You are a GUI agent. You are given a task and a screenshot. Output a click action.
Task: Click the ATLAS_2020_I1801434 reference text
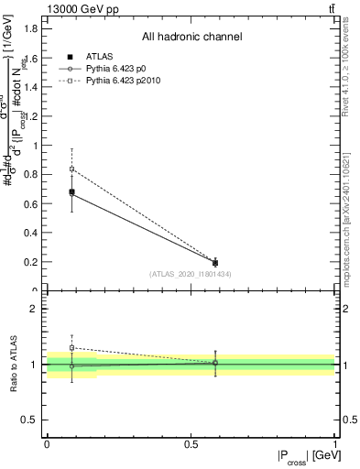191,274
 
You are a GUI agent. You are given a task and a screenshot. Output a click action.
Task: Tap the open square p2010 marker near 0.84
71,169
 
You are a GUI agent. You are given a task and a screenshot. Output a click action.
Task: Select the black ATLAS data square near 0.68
71,191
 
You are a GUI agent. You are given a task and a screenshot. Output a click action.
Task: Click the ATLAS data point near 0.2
215,263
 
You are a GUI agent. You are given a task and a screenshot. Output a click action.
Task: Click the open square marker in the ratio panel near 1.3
71,347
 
